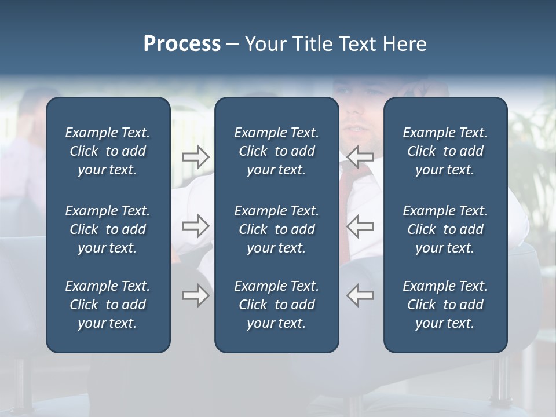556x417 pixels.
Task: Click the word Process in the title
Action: point(182,44)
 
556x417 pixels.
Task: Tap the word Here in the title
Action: point(405,44)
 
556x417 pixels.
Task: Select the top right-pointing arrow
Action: point(195,156)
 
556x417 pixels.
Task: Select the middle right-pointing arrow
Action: point(195,226)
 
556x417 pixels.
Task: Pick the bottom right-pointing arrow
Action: point(195,295)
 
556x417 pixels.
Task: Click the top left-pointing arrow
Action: point(360,156)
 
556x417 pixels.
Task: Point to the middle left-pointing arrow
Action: point(360,226)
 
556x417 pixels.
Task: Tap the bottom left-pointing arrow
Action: point(360,295)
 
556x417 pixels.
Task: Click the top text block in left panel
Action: point(108,151)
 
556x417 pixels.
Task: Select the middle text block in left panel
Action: point(108,229)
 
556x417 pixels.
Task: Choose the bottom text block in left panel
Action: point(108,305)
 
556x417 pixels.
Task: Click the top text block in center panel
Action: point(276,151)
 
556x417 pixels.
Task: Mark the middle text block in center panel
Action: point(276,229)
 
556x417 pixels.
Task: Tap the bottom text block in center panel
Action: point(276,305)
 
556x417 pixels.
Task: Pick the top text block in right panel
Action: point(445,151)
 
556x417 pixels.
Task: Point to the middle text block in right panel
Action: point(445,229)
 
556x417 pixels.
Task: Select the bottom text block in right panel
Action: point(445,305)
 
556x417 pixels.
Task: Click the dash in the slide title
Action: point(232,45)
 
